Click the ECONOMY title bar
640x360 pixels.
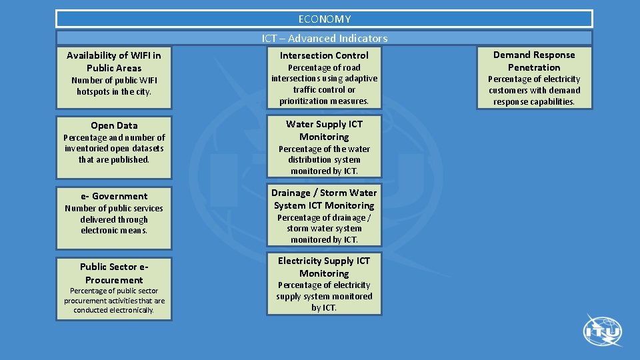point(324,19)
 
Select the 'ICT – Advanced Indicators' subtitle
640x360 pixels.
point(325,38)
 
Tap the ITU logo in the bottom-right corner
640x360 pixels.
point(603,331)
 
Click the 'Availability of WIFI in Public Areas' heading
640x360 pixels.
point(114,61)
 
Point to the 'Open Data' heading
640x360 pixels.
point(114,125)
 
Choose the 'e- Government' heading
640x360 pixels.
point(114,196)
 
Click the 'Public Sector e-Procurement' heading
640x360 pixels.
point(114,273)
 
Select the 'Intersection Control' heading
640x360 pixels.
point(324,55)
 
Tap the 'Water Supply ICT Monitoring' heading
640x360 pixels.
point(324,130)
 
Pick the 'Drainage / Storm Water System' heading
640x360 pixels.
point(324,199)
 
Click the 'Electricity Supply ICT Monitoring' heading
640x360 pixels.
point(324,267)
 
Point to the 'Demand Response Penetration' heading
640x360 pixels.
point(534,61)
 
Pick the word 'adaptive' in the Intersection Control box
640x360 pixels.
point(361,79)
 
